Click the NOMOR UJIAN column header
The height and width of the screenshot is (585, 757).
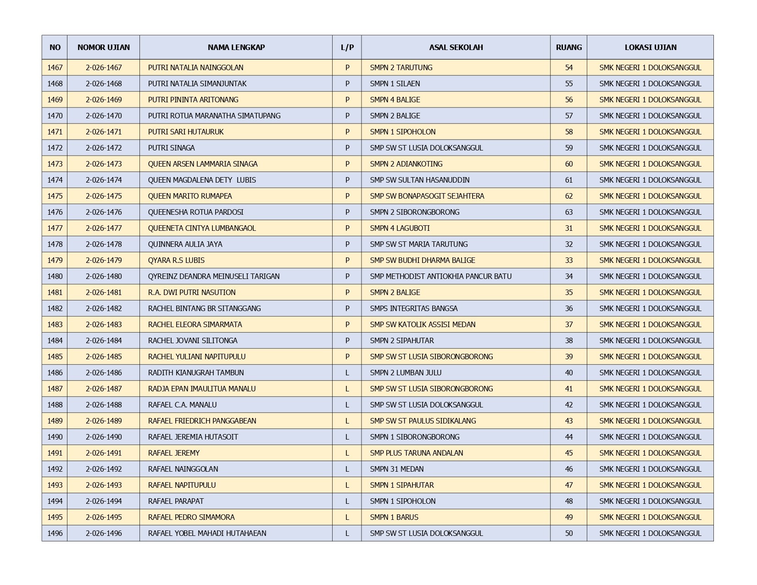tap(103, 47)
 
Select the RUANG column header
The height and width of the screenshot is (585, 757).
tap(568, 47)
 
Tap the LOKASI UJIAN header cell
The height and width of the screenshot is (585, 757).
tap(650, 47)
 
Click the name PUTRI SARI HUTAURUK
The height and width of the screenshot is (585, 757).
tap(186, 132)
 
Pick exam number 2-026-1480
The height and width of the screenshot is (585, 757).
tap(104, 276)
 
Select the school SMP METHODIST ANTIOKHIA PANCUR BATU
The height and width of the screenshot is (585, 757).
tap(440, 276)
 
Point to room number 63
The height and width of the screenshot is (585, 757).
tap(569, 212)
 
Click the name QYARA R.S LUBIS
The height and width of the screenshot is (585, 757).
tap(176, 260)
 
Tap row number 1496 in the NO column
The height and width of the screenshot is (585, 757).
tap(55, 533)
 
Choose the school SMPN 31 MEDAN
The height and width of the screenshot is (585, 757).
tap(396, 469)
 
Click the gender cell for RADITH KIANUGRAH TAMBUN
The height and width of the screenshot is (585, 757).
tap(347, 373)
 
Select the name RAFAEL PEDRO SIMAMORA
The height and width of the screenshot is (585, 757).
tap(191, 517)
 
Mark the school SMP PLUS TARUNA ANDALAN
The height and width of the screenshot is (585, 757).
tap(416, 453)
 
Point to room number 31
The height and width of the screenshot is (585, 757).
tap(569, 228)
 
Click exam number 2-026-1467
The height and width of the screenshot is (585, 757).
tap(104, 67)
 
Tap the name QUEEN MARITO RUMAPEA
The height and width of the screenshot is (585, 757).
tap(190, 196)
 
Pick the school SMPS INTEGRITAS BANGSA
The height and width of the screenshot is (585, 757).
tap(413, 308)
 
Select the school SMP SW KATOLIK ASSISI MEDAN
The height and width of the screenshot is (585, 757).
tap(423, 324)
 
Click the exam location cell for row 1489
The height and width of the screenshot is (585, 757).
tap(650, 421)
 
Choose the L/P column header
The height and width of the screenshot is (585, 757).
tap(347, 47)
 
